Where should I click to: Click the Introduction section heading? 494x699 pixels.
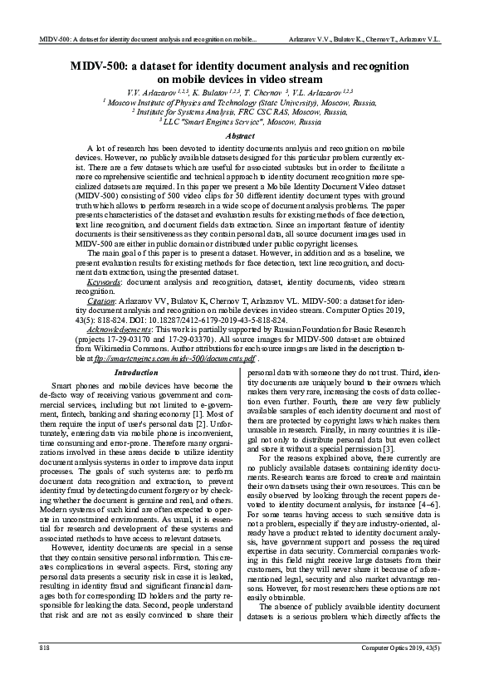click(x=135, y=373)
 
